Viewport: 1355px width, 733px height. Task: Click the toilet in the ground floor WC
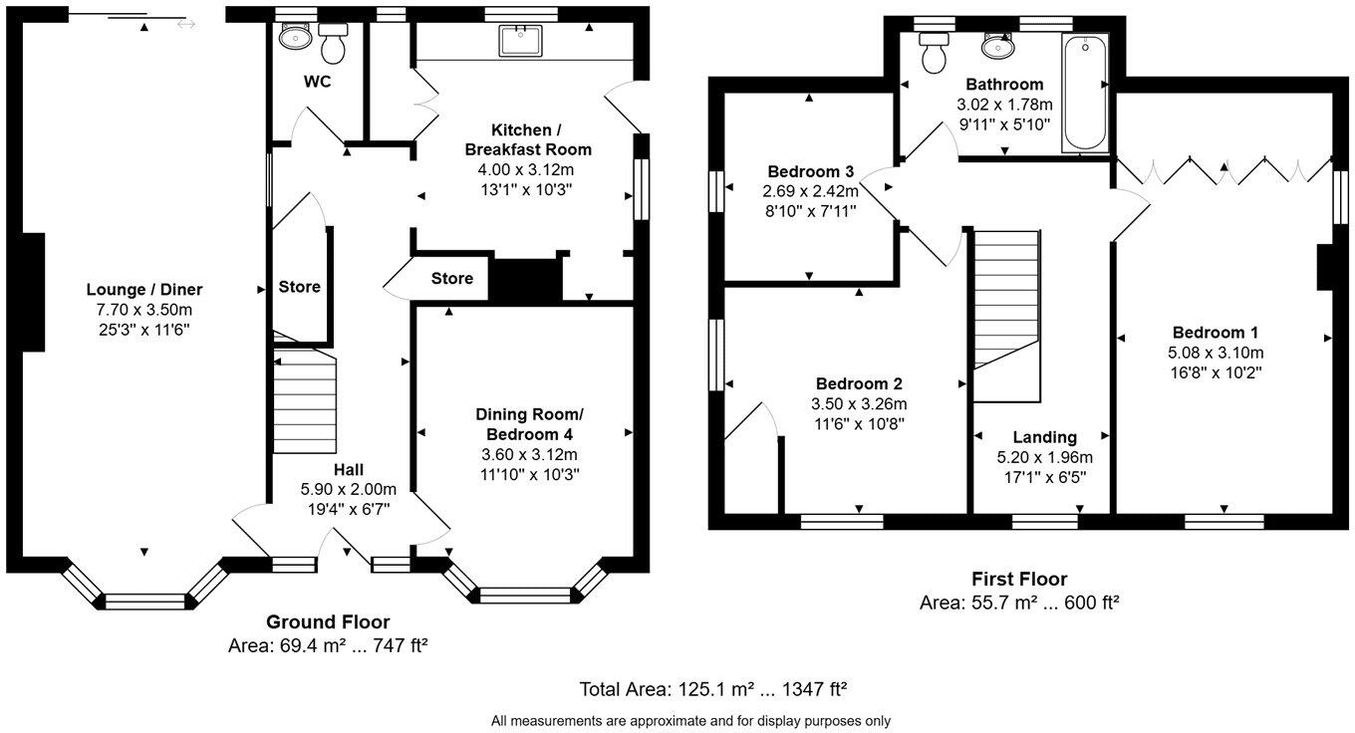pos(332,45)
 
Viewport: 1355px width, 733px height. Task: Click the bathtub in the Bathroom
pos(1085,92)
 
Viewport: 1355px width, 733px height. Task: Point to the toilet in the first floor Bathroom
pos(935,53)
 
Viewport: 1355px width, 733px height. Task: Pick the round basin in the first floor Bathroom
pos(997,46)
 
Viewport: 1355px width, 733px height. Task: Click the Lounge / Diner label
pos(144,290)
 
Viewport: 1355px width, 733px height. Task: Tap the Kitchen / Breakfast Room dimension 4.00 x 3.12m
pos(528,169)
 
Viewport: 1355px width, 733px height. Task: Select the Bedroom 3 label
pos(810,171)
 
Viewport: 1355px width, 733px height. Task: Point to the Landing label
pos(1044,437)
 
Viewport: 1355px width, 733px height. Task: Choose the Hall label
pos(348,470)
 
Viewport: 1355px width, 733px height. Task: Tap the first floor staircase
pos(1006,299)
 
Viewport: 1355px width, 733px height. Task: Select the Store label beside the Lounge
pos(299,287)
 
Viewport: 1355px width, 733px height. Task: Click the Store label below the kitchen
pos(451,279)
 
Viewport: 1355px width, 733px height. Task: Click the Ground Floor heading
pos(327,622)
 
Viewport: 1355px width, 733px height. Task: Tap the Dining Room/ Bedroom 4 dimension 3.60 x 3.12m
pos(528,454)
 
